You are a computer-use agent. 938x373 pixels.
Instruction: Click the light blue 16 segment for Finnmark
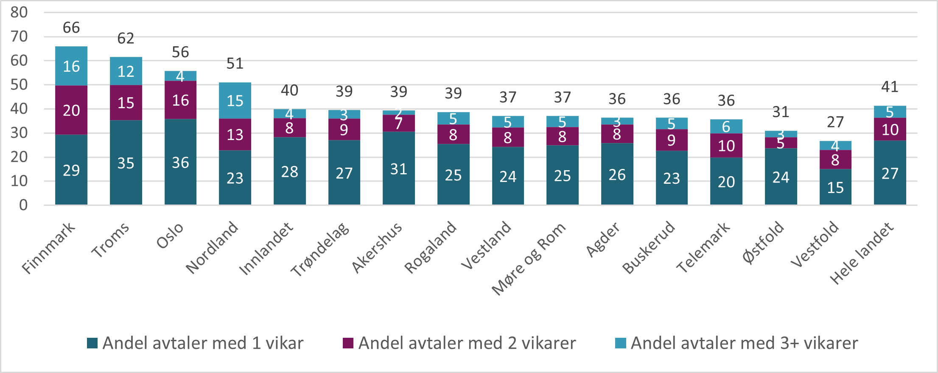tap(71, 66)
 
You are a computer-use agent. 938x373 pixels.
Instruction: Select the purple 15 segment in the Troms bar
tap(126, 103)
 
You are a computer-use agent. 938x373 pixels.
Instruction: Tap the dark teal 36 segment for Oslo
tap(180, 162)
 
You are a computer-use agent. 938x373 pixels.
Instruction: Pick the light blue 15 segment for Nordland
tap(235, 101)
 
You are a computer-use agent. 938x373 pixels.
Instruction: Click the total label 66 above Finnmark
tap(71, 28)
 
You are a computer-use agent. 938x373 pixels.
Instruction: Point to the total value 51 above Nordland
tap(235, 64)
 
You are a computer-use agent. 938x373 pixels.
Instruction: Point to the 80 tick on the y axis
tap(19, 12)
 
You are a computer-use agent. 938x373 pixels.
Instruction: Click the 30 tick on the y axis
tap(19, 133)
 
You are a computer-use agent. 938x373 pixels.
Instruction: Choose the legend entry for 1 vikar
tap(195, 343)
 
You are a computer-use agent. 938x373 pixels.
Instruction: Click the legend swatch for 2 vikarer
tap(348, 343)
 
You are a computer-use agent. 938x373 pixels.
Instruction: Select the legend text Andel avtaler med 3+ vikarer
tap(744, 343)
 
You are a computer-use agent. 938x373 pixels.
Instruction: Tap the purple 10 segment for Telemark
tap(726, 146)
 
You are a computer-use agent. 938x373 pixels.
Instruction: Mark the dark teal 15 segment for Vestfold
tap(835, 187)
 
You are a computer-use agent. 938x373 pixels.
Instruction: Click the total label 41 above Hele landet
tap(890, 87)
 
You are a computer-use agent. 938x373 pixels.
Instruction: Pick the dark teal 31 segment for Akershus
tap(398, 169)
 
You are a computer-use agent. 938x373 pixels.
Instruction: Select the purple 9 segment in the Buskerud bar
tap(671, 140)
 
